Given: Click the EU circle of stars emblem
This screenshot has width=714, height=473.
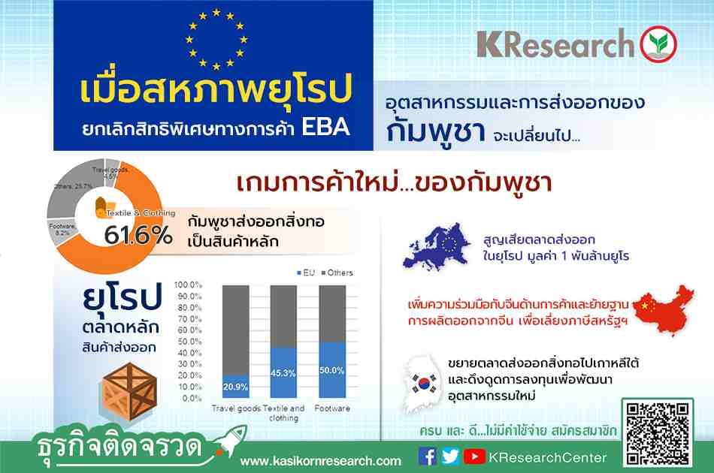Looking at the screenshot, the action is coord(216,39).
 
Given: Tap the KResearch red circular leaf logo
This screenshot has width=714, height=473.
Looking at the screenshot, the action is coord(658,44).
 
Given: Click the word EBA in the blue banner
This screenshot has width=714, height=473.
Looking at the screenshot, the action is coord(325,127).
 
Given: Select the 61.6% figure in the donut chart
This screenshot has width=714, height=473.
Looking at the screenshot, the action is coord(138,235).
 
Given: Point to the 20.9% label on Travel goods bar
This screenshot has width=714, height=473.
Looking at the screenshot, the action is coord(235,387).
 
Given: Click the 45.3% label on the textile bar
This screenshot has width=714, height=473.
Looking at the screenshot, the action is coord(283,373).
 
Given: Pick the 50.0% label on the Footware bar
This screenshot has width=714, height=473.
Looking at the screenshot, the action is coord(331,370).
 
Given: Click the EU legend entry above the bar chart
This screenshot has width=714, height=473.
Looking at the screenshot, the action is coord(306,273).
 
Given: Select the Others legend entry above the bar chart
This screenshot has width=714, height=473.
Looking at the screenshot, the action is coord(337,273).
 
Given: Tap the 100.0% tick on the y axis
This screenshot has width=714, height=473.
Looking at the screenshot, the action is coord(188,285).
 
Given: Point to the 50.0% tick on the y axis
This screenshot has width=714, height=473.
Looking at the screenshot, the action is coord(189,342).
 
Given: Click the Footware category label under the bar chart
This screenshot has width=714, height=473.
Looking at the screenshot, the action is coord(332,408).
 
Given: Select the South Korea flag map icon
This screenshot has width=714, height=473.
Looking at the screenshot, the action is coord(422,384).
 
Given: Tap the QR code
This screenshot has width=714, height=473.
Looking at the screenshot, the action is coord(658,433).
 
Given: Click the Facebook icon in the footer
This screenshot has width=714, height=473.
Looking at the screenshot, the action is coord(427,456).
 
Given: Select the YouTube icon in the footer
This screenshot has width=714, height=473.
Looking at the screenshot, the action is coord(474,456).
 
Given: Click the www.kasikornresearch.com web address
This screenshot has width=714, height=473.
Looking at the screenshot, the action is coord(321,461).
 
